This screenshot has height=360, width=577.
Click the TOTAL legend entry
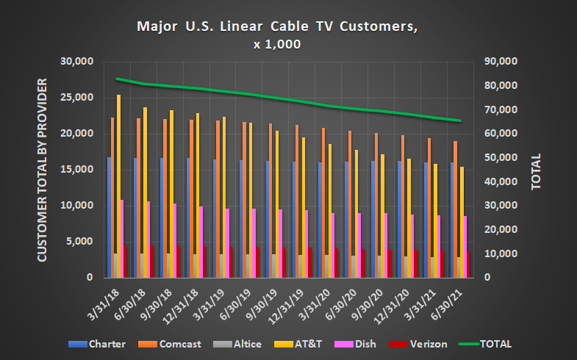pyautogui.click(x=495, y=344)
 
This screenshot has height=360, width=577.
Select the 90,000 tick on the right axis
pyautogui.click(x=503, y=62)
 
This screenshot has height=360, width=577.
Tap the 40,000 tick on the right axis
pyautogui.click(x=503, y=182)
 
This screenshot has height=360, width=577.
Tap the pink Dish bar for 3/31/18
pyautogui.click(x=121, y=239)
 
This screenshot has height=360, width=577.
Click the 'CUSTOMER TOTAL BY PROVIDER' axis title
pyautogui.click(x=42, y=170)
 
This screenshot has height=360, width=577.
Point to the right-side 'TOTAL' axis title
pyautogui.click(x=536, y=171)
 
